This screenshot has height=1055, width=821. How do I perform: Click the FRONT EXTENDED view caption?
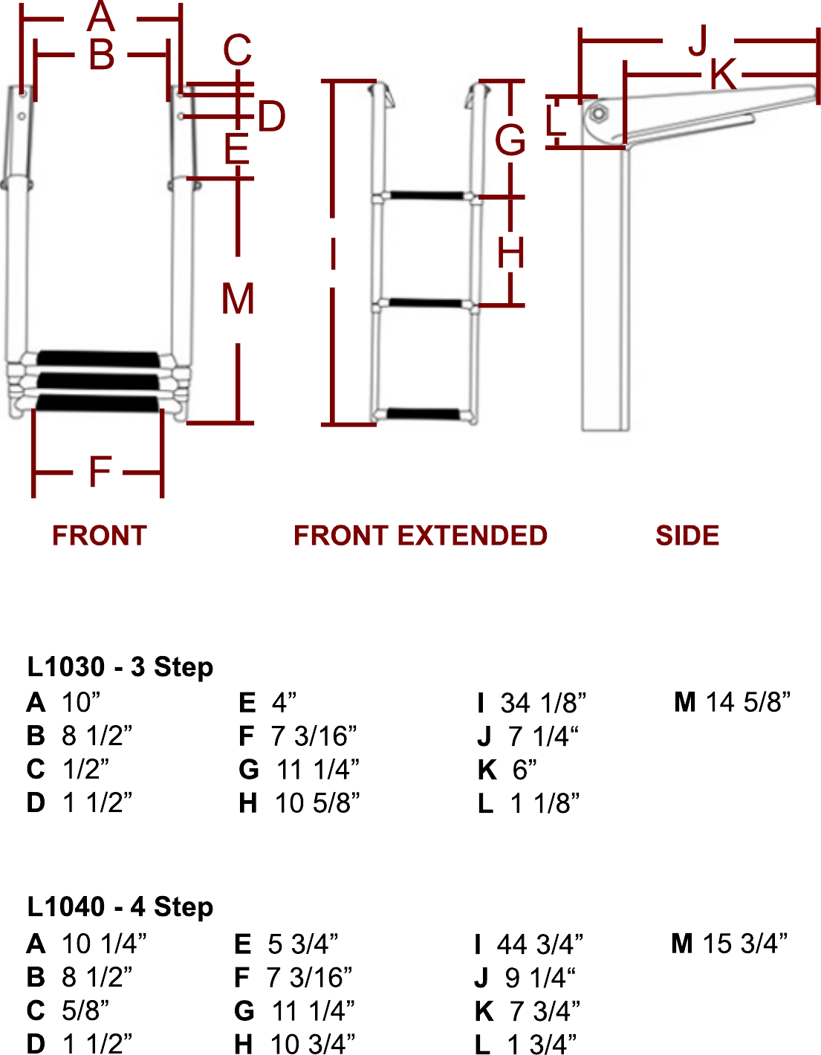pos(420,536)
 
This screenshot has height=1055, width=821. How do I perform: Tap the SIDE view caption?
pos(687,536)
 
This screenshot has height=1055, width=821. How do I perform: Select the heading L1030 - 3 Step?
pos(120,666)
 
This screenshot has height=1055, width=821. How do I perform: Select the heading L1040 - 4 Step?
pos(120,906)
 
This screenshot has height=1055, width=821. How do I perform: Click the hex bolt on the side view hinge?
pos(597,114)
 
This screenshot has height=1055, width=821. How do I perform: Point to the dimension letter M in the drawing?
pos(238,299)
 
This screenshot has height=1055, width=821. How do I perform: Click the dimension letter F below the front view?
pos(100,472)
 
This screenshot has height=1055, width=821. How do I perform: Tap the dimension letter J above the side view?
pos(698,42)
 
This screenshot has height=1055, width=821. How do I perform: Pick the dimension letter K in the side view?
pos(722,75)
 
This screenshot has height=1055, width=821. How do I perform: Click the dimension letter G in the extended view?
pos(510,140)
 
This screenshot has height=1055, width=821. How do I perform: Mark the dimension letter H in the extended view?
pos(511,253)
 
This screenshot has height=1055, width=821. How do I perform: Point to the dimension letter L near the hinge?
pos(555,120)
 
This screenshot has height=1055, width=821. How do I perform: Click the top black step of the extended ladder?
pos(426,196)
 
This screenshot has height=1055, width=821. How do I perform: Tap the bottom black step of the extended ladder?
pos(424,414)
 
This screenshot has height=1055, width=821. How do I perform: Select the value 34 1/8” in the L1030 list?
pos(543,702)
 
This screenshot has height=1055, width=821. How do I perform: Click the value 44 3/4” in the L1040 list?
pos(540,944)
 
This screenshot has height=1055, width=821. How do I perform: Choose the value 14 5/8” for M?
pos(747,701)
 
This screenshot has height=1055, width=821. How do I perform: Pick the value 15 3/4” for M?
pos(745,944)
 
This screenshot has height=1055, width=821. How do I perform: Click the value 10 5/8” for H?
pos(317,803)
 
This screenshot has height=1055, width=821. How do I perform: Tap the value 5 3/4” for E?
pos(303,944)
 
